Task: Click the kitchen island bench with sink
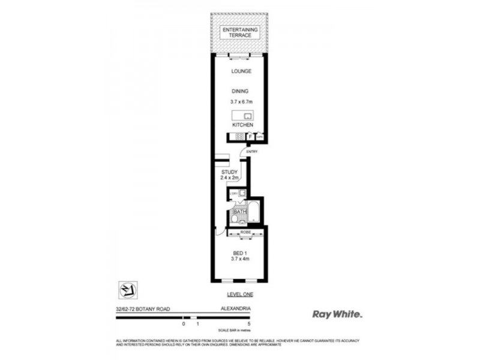(x=243, y=116)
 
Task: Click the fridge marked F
(x=250, y=137)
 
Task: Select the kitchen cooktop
(x=239, y=137)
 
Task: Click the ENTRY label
(x=252, y=151)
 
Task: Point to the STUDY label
(x=230, y=172)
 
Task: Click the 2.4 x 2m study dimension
(x=230, y=178)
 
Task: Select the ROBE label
(x=245, y=231)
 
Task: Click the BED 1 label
(x=239, y=254)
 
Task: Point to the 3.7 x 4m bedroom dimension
(x=239, y=260)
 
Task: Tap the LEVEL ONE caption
(x=239, y=295)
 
